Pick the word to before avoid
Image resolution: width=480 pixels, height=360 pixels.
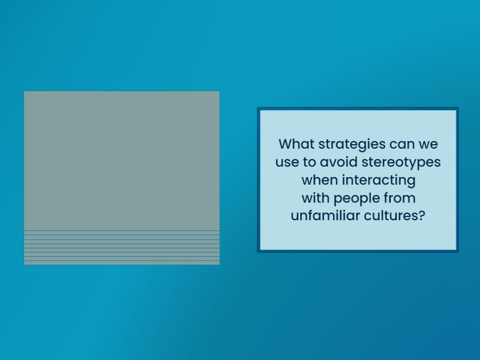tap(309, 163)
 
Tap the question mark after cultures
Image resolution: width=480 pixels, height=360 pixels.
tap(421, 216)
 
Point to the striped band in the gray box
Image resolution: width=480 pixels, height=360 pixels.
tap(122, 247)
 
